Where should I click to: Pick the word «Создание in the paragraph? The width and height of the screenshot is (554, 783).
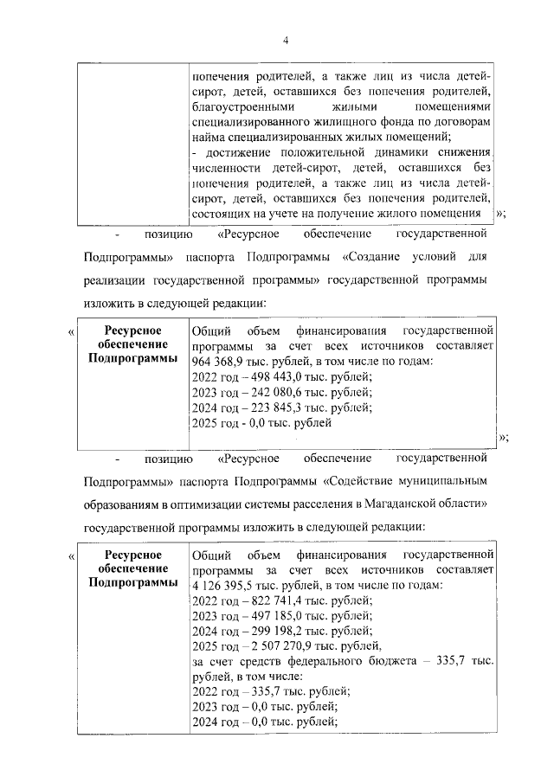[369, 257]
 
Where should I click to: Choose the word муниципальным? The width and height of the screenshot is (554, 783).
[441, 480]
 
